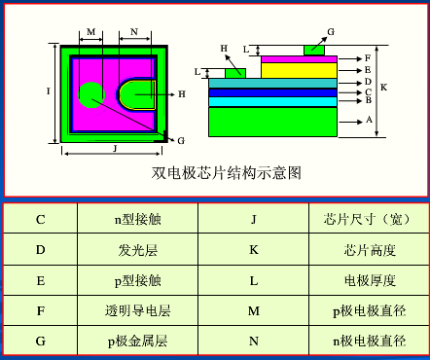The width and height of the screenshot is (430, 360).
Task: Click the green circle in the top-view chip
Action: point(90,94)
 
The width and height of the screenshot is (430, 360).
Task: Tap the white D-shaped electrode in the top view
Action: point(136,94)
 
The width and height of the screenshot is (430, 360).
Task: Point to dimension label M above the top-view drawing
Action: point(90,32)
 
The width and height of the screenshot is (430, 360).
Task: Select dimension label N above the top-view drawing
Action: point(133,32)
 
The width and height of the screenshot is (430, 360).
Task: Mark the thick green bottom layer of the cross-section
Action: point(272,121)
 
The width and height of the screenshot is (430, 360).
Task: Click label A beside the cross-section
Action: point(368,120)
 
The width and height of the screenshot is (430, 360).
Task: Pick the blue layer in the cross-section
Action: point(272,93)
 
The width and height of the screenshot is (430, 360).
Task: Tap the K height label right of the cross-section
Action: point(384,87)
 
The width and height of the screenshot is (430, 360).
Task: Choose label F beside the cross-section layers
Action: point(367,58)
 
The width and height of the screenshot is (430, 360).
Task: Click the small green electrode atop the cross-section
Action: point(314,49)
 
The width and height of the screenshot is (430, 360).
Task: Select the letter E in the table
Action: point(41,281)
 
